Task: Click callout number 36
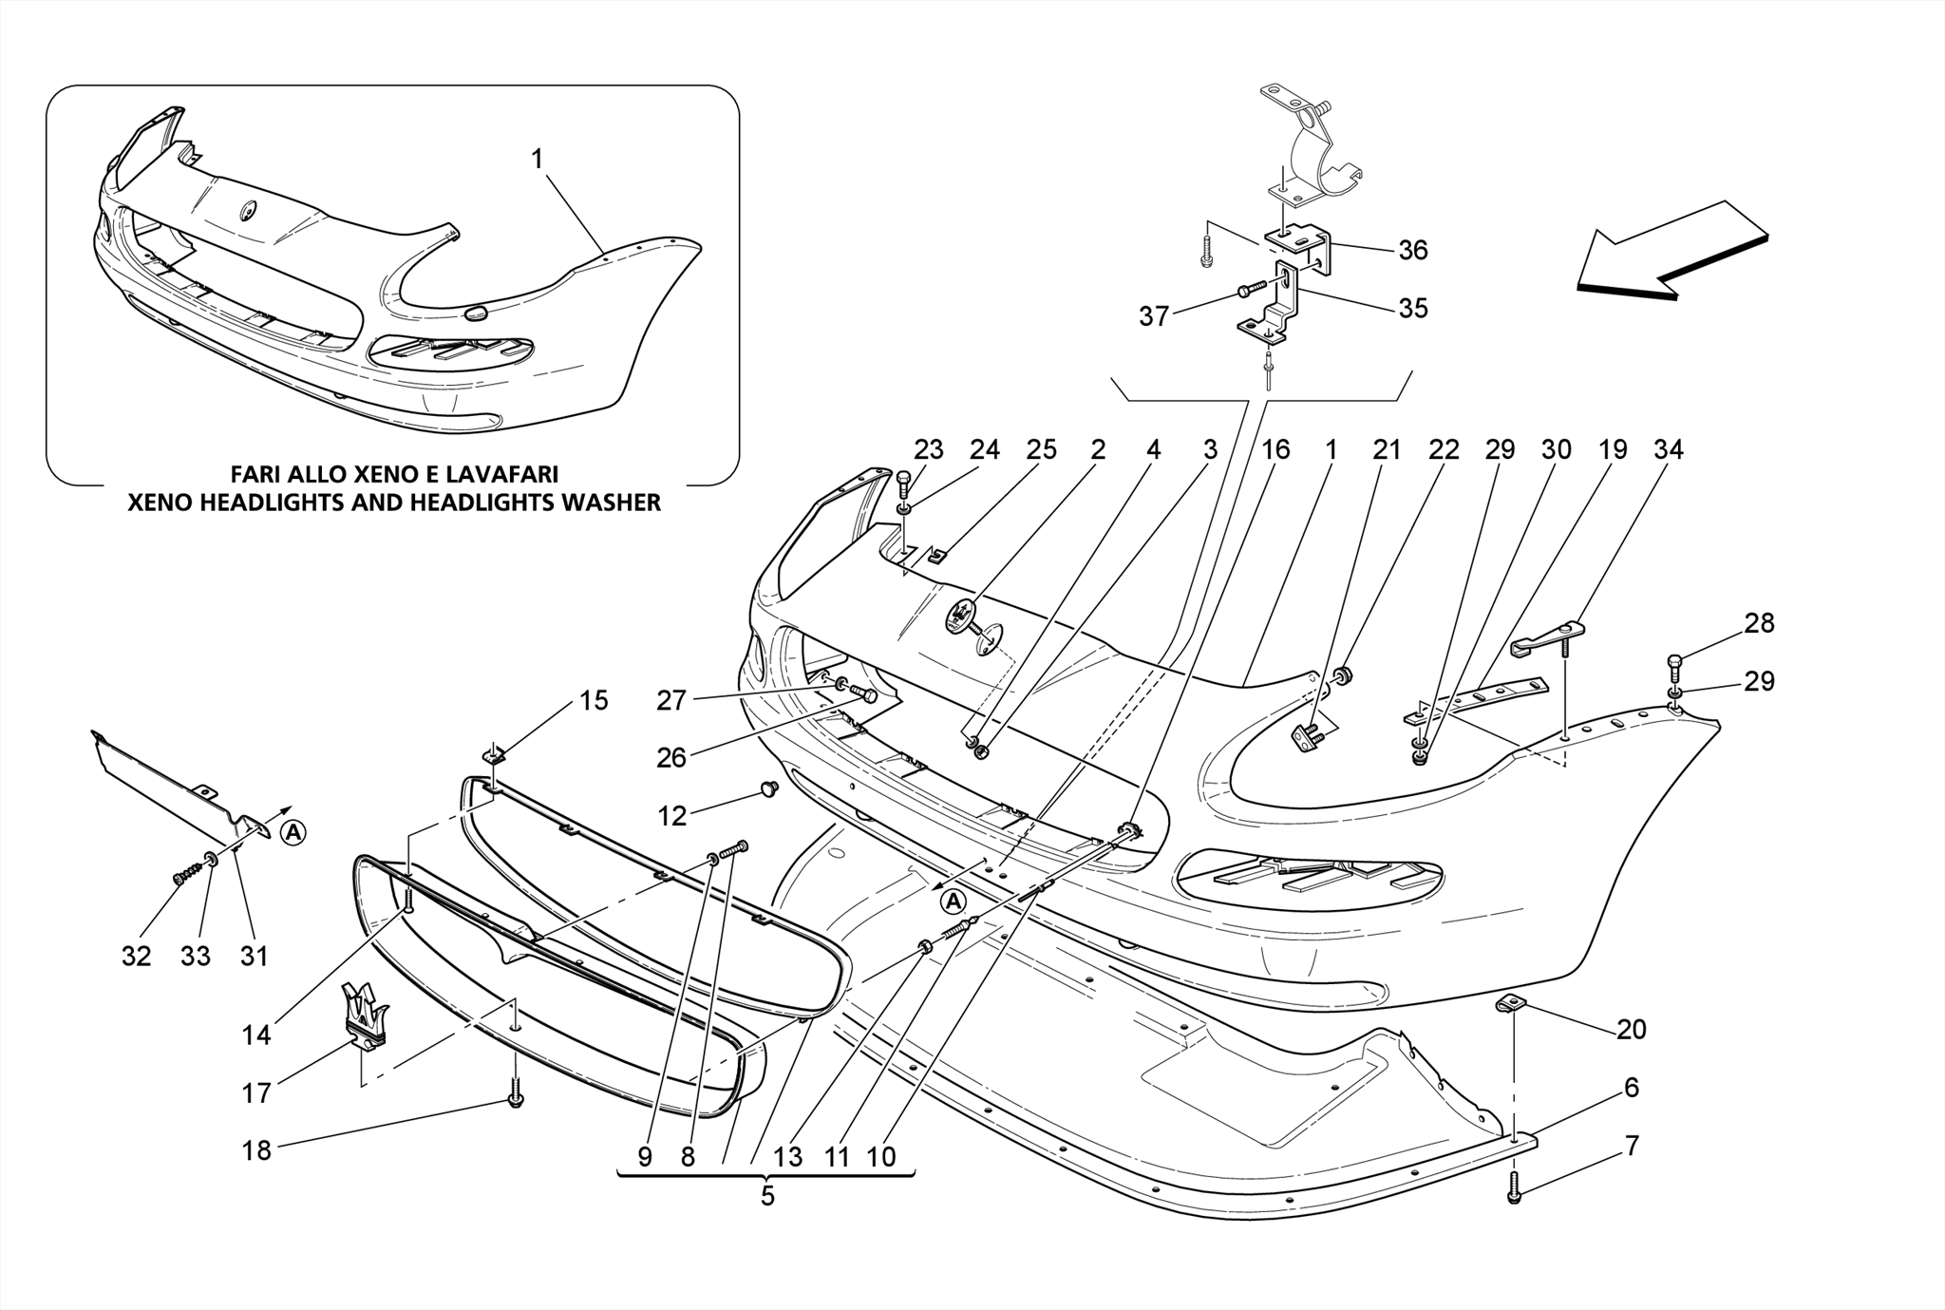(1413, 250)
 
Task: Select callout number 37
(1154, 316)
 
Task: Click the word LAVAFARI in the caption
(503, 474)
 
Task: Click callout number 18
(256, 1150)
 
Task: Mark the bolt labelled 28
(1675, 661)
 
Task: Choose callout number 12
(672, 816)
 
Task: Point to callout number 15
(594, 701)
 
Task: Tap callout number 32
(137, 956)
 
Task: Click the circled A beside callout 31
(294, 833)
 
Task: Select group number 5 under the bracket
(767, 1196)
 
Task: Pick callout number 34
(1669, 449)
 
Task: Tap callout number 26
(672, 758)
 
